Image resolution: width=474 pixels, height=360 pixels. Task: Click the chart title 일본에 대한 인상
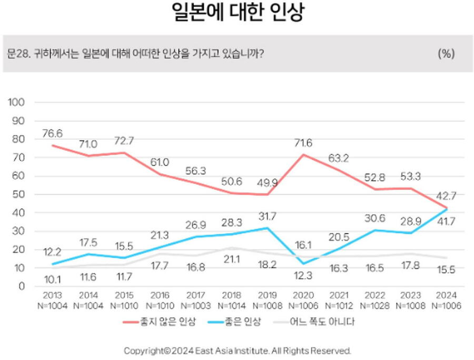coord(238,12)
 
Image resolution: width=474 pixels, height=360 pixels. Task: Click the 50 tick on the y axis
coord(19,194)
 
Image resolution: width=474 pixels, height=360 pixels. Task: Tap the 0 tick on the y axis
coord(22,287)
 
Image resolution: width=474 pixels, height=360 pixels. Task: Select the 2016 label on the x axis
coord(159,296)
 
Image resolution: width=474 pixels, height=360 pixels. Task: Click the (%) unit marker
coord(446,54)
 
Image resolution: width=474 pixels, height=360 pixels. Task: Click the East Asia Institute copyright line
coord(237,351)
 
